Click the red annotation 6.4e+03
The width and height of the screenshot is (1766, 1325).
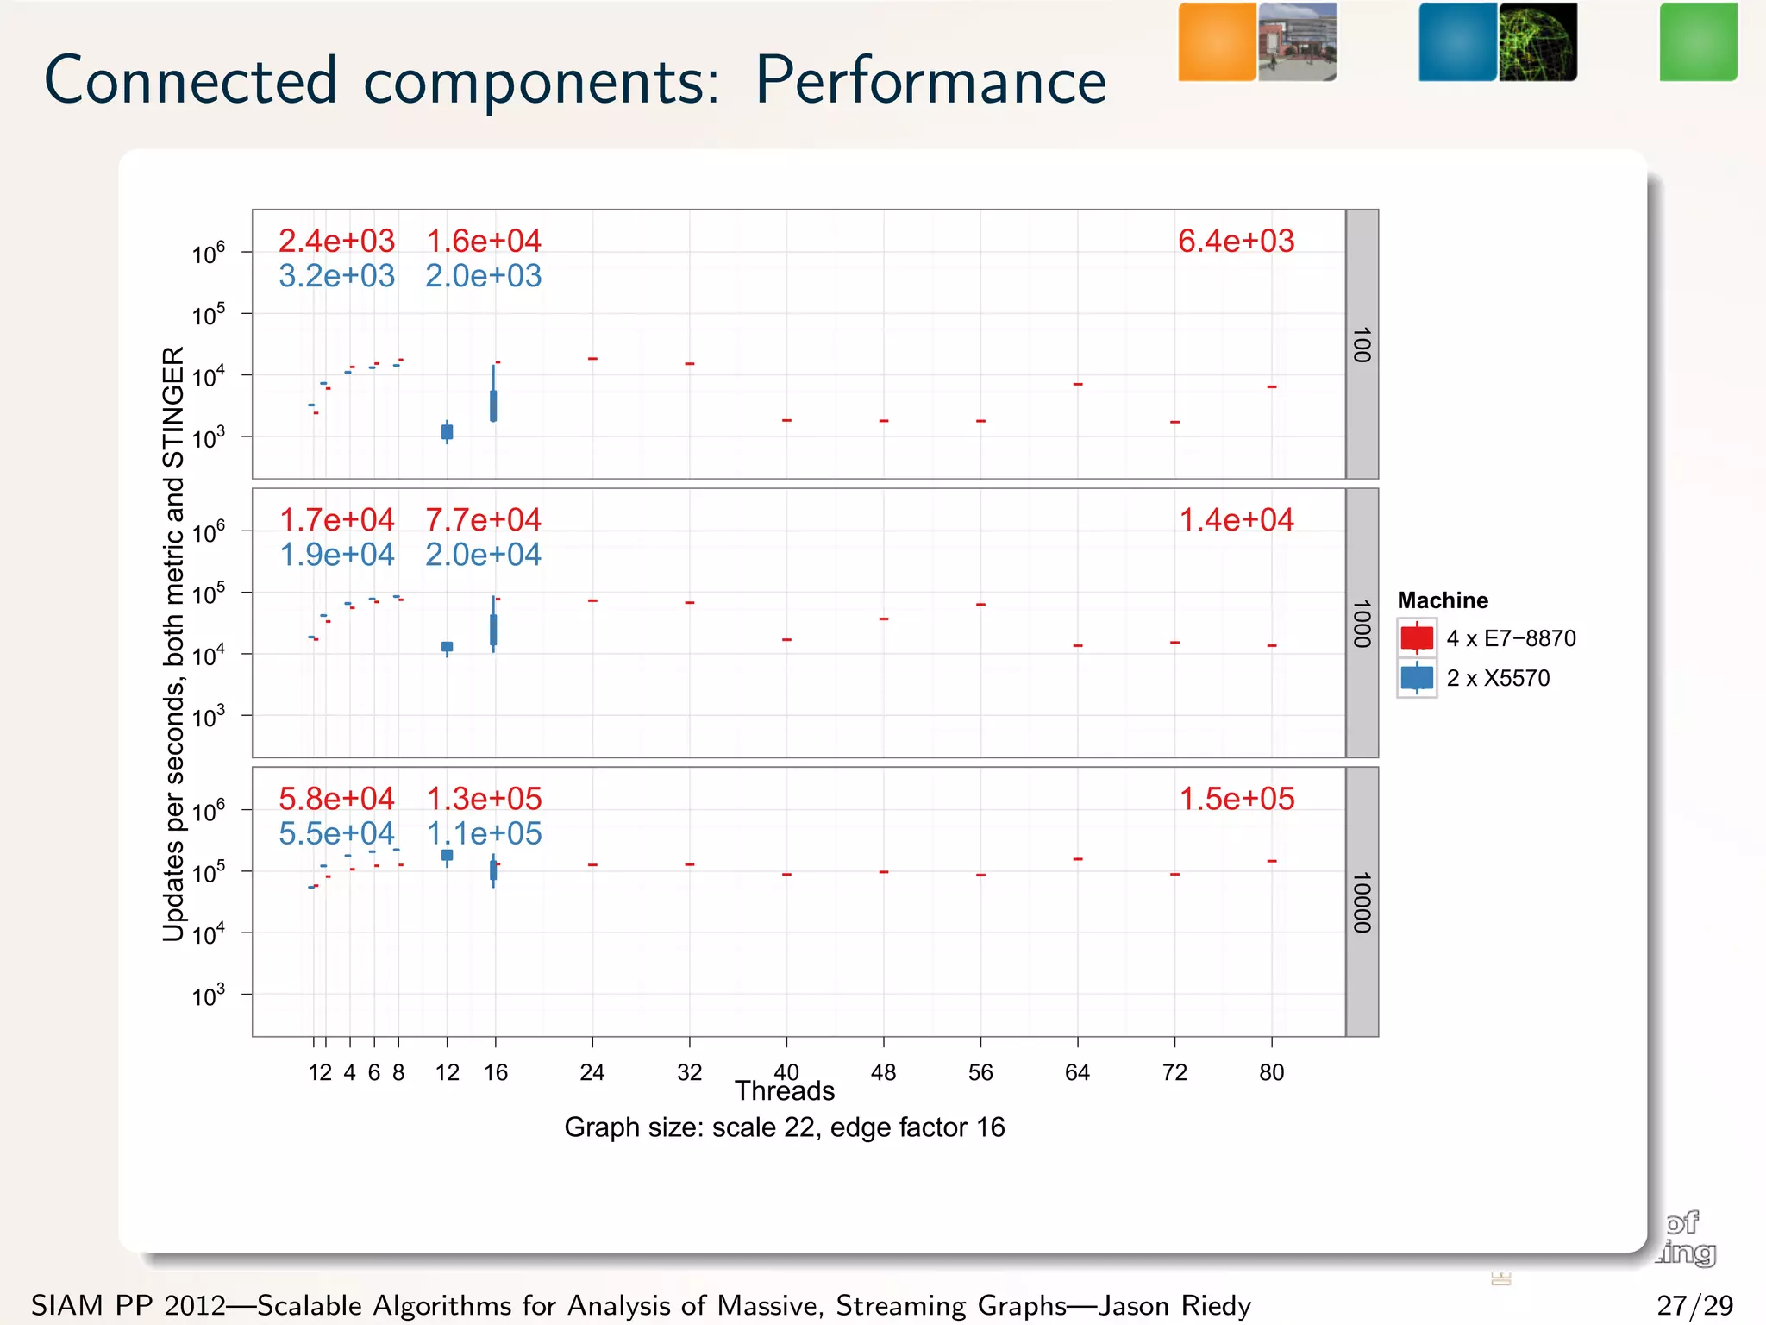pyautogui.click(x=1236, y=241)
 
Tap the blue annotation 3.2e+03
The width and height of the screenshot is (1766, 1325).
pyautogui.click(x=336, y=276)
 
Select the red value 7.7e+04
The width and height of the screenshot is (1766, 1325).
pyautogui.click(x=483, y=519)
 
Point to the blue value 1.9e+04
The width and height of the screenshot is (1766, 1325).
pyautogui.click(x=336, y=555)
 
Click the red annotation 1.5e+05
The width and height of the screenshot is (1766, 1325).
pyautogui.click(x=1236, y=799)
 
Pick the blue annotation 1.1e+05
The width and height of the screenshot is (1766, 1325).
pyautogui.click(x=484, y=833)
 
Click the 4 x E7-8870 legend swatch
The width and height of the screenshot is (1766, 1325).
pyautogui.click(x=1417, y=638)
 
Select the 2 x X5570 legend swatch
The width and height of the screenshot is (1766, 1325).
pyautogui.click(x=1417, y=678)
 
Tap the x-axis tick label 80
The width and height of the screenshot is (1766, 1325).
pyautogui.click(x=1271, y=1072)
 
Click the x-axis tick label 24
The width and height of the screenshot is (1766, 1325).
pyautogui.click(x=592, y=1072)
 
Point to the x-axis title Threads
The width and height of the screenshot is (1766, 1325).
pyautogui.click(x=785, y=1092)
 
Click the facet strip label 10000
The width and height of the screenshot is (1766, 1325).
pyautogui.click(x=1362, y=902)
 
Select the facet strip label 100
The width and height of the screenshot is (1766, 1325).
pyautogui.click(x=1362, y=344)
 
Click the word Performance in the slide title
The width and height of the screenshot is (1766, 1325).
pyautogui.click(x=930, y=80)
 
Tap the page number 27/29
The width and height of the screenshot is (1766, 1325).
pyautogui.click(x=1694, y=1305)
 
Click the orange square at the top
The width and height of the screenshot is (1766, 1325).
pyautogui.click(x=1217, y=42)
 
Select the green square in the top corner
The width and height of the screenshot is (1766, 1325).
pyautogui.click(x=1698, y=42)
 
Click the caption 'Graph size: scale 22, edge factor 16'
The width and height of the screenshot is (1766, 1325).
pyautogui.click(x=785, y=1127)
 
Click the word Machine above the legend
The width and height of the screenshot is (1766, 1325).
pyautogui.click(x=1443, y=600)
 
